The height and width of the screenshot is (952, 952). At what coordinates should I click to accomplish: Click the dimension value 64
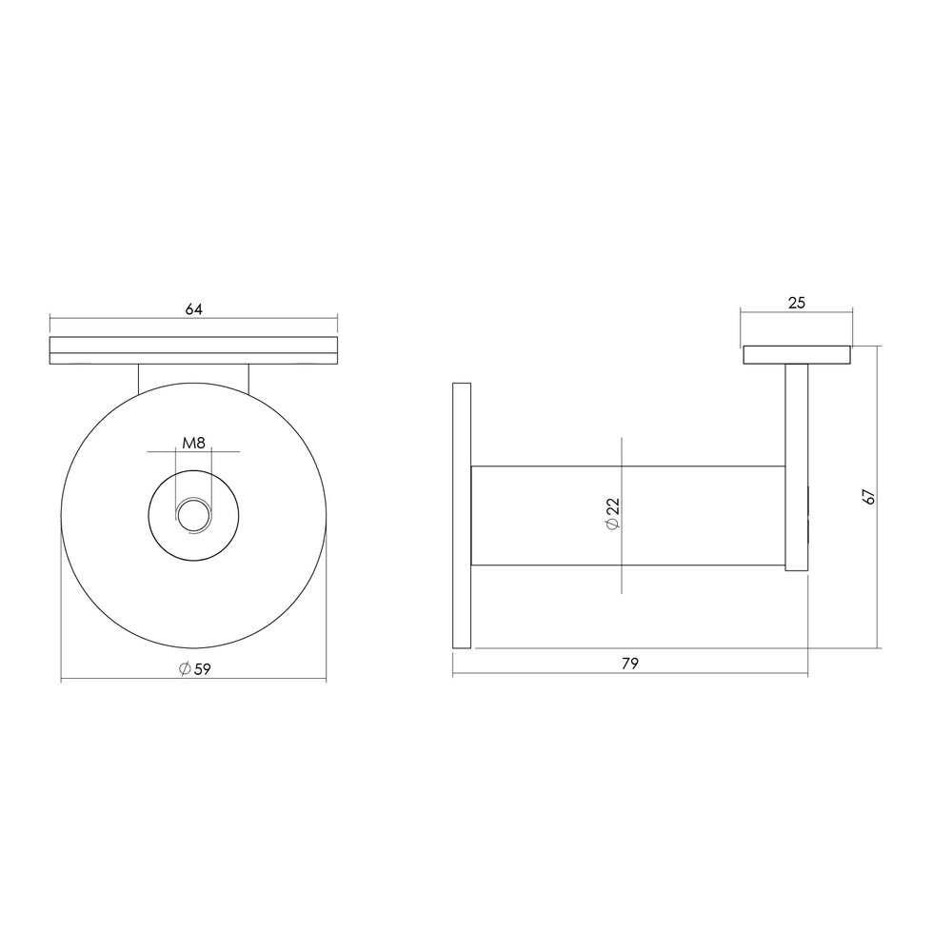(x=193, y=308)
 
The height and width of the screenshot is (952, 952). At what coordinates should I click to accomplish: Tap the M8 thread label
(x=194, y=444)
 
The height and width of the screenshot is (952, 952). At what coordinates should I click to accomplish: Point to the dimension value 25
(x=797, y=303)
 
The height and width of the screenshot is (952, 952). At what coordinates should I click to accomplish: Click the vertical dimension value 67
(x=868, y=496)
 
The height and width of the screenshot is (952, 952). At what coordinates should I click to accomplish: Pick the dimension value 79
(x=629, y=664)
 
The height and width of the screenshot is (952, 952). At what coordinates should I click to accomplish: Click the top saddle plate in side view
(x=797, y=355)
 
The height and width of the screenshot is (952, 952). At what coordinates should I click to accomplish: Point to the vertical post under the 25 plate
(x=797, y=466)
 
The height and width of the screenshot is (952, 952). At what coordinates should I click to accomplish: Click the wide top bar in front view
(x=193, y=350)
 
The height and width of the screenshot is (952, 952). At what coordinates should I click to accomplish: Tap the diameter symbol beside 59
(x=184, y=668)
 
